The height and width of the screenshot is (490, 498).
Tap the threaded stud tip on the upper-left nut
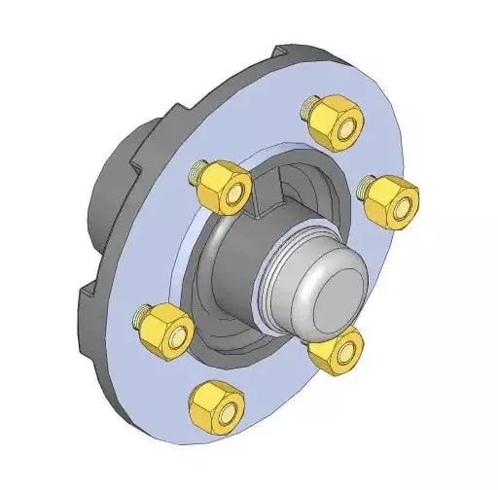click(198, 173)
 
